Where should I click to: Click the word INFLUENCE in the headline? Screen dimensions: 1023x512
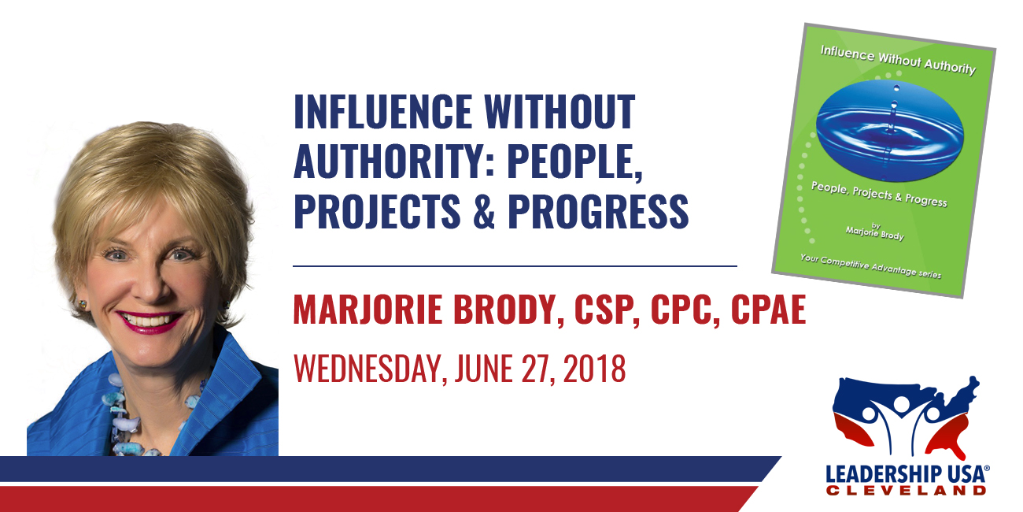pyautogui.click(x=382, y=111)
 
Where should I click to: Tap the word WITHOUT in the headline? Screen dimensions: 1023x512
pyautogui.click(x=560, y=111)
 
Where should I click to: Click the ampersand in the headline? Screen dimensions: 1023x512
pyautogui.click(x=484, y=211)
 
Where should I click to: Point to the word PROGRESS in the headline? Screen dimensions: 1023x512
pyautogui.click(x=598, y=211)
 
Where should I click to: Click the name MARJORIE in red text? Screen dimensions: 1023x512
pyautogui.click(x=367, y=310)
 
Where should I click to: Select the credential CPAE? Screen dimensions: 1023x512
pyautogui.click(x=768, y=310)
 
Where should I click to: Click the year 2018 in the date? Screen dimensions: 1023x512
pyautogui.click(x=594, y=369)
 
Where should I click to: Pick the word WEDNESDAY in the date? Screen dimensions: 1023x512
pyautogui.click(x=367, y=369)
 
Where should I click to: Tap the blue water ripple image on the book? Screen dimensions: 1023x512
pyautogui.click(x=889, y=130)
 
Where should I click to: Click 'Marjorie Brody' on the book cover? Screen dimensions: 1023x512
pyautogui.click(x=874, y=233)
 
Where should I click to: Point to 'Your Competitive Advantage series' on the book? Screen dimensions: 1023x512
pyautogui.click(x=870, y=265)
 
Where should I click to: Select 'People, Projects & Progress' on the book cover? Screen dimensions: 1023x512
pyautogui.click(x=879, y=195)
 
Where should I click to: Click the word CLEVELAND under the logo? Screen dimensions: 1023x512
pyautogui.click(x=906, y=491)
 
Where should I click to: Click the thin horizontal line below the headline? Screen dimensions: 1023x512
pyautogui.click(x=515, y=265)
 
